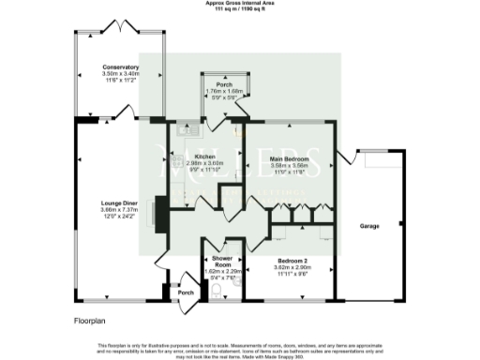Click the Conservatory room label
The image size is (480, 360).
coord(122,67)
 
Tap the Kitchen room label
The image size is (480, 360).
coord(206,156)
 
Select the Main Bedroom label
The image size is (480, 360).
coord(290,158)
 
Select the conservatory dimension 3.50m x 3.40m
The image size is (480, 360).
coord(122,74)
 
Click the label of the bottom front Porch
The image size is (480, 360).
coord(185,293)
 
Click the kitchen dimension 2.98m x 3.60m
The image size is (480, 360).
coord(206,163)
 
